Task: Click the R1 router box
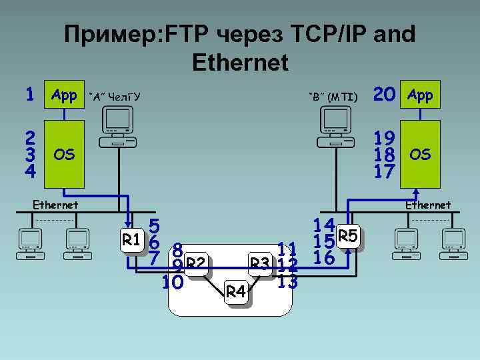point(131,239)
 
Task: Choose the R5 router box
point(349,236)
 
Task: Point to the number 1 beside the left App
point(29,95)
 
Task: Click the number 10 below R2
point(173,283)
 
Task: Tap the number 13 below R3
point(287,281)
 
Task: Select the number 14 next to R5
point(325,225)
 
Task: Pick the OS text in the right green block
point(421,155)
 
